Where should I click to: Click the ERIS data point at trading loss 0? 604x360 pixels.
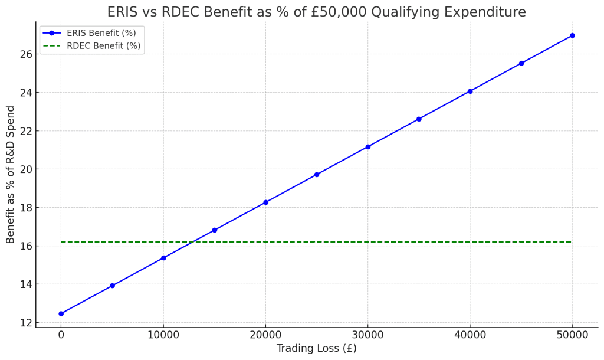(x=61, y=313)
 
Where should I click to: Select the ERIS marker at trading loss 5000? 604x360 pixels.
(x=112, y=286)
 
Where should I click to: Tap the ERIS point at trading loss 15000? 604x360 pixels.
(x=214, y=230)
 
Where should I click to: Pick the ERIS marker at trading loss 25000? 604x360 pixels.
(x=317, y=175)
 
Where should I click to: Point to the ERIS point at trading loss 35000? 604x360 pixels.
(x=419, y=119)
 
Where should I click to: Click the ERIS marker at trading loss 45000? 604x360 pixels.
(x=521, y=63)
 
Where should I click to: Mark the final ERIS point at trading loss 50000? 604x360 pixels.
(x=572, y=35)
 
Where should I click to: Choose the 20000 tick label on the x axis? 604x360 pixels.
(x=265, y=335)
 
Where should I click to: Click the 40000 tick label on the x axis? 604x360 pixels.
(x=470, y=335)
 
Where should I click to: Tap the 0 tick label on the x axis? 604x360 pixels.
(x=61, y=335)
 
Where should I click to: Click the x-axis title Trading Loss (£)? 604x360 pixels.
(x=317, y=348)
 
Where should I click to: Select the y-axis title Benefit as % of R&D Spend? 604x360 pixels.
(x=11, y=175)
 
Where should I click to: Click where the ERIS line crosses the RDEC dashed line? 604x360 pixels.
(x=192, y=242)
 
